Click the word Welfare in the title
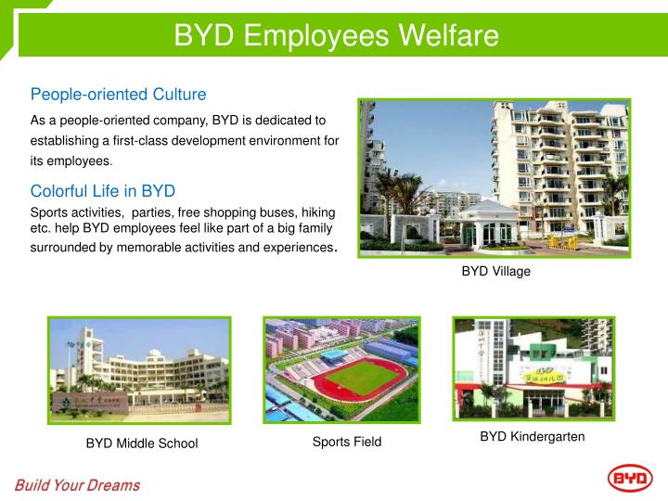pos(448,35)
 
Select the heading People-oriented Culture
pos(118,95)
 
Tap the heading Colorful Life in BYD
pos(103,191)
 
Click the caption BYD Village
pos(496,272)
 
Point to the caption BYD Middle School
pos(142,443)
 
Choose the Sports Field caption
pos(347,442)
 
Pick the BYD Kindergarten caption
pos(533,437)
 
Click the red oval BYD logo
pos(630,479)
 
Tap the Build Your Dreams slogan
pos(77,485)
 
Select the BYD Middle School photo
pos(139,369)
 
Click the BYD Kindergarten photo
pos(532,367)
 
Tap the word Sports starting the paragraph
pos(51,212)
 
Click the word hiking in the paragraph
pos(316,212)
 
